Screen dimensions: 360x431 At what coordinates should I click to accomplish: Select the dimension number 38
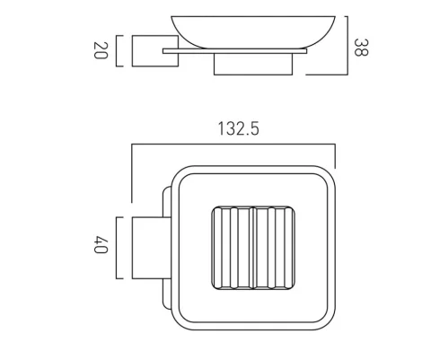[362, 47]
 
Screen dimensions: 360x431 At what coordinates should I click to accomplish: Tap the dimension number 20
[100, 51]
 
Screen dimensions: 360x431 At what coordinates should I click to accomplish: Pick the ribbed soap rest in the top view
[251, 250]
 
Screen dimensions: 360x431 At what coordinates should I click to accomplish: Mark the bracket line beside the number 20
[118, 51]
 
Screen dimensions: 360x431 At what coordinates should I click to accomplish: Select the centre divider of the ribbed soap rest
[251, 250]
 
